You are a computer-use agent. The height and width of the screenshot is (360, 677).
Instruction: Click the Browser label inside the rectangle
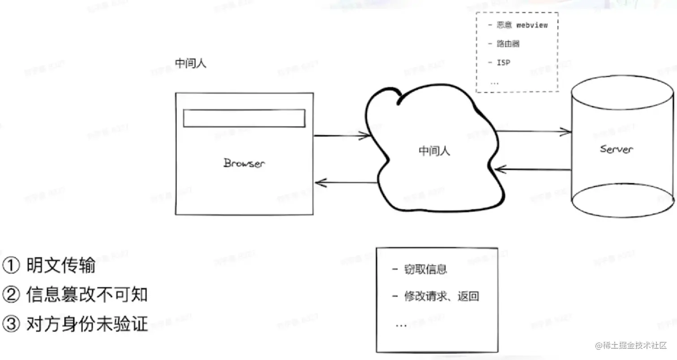[244, 163]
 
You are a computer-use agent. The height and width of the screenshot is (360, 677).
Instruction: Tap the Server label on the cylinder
[617, 149]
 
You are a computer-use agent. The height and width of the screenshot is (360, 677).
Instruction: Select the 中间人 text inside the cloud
[434, 151]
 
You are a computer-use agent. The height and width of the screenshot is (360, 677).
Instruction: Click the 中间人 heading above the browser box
[190, 64]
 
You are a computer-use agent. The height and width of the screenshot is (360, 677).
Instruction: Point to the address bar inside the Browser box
[244, 118]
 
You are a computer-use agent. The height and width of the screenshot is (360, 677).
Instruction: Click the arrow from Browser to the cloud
[343, 135]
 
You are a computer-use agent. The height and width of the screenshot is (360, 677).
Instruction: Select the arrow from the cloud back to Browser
[346, 182]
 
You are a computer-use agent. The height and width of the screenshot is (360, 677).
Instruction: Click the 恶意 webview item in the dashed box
[522, 25]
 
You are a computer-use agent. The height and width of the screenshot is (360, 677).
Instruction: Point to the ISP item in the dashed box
[503, 63]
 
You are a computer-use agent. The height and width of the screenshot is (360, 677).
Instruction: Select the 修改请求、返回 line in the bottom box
[441, 296]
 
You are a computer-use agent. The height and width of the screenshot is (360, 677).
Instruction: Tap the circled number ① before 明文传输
[10, 266]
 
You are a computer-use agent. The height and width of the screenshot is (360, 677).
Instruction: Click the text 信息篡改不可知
[87, 295]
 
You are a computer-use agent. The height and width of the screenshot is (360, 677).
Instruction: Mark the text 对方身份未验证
[87, 324]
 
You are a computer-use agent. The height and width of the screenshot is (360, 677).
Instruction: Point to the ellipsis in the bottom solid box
[401, 325]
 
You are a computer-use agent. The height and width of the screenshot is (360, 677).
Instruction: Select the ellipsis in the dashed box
[495, 82]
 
